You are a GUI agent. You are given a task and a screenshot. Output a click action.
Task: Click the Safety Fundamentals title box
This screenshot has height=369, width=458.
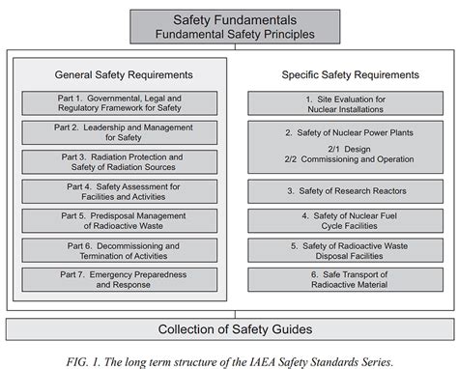click(x=228, y=25)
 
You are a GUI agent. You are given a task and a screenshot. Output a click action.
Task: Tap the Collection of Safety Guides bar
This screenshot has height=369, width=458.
click(x=228, y=329)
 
